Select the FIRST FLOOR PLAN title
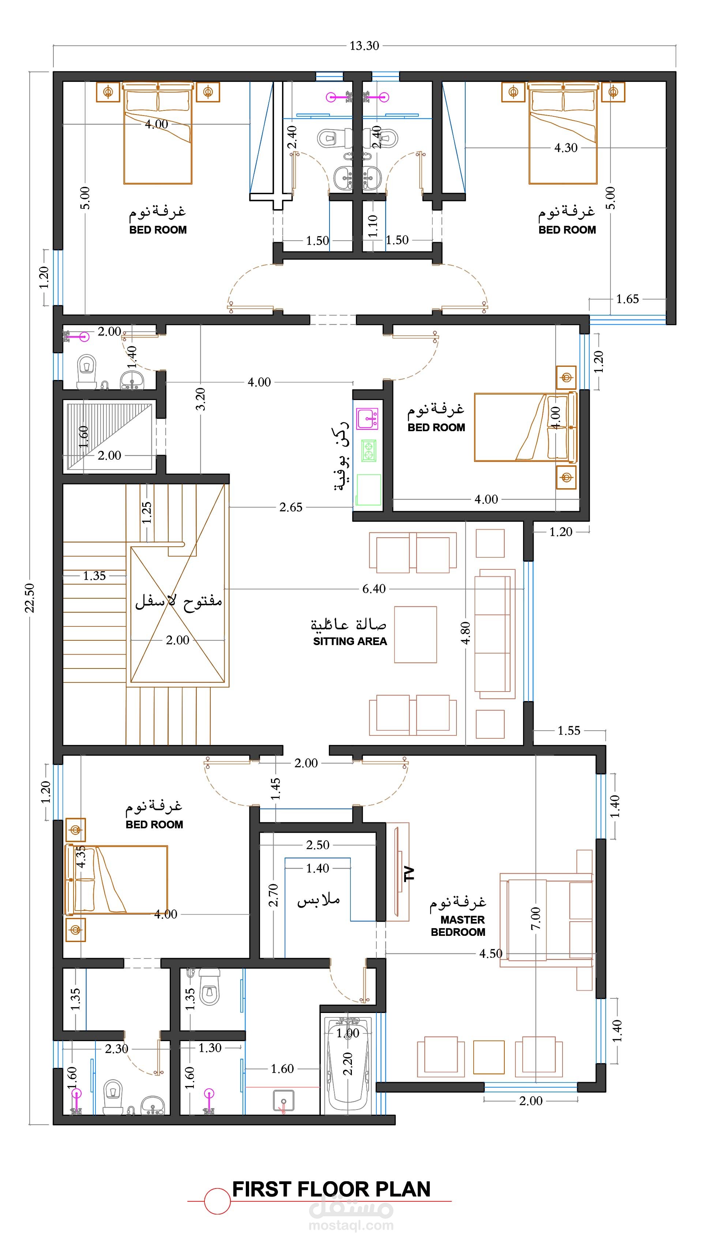tap(331, 1189)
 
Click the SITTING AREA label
tap(350, 641)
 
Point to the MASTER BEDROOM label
tap(458, 926)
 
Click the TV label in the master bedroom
tap(409, 874)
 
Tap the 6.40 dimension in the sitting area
tap(374, 588)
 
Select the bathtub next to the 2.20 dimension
tap(347, 1065)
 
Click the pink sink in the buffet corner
tap(367, 418)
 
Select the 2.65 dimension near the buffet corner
tap(291, 507)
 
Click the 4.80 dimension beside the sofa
tap(466, 633)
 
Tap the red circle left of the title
tap(217, 1201)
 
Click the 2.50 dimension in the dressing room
tap(317, 845)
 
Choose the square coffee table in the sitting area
tap(415, 634)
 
